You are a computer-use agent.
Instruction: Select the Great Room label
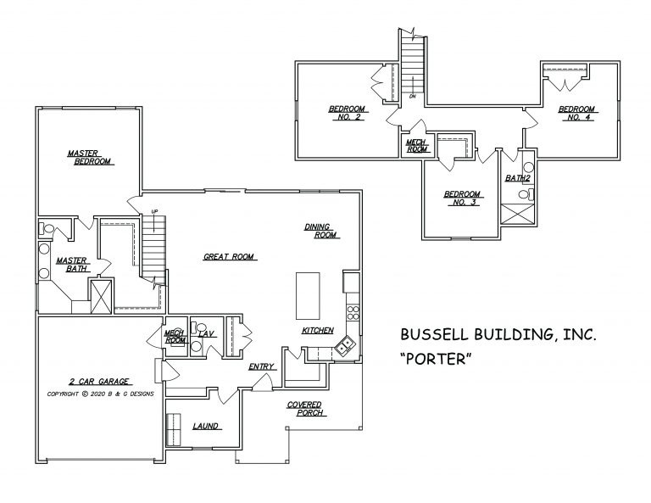coord(230,256)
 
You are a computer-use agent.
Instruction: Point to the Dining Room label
coord(321,231)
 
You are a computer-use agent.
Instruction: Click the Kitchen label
coord(317,330)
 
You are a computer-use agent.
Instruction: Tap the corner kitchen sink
coord(344,344)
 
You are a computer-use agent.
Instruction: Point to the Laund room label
coord(205,426)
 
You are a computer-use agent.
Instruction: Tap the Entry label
coord(259,366)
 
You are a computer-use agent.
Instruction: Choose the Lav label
coord(205,334)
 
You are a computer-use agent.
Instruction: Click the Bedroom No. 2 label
coord(346,114)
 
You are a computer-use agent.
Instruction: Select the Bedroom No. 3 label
coord(463,198)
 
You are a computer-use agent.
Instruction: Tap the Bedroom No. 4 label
coord(576,114)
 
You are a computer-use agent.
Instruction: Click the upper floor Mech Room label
coord(415,145)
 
